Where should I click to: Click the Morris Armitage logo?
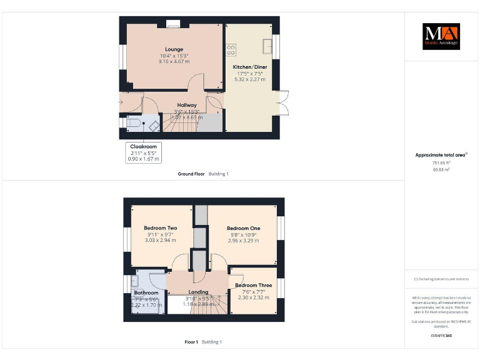click(x=441, y=36)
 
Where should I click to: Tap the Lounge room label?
click(x=174, y=49)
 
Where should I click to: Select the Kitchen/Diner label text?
click(x=250, y=67)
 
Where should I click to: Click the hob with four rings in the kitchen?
click(x=231, y=48)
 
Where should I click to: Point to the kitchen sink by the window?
click(x=268, y=46)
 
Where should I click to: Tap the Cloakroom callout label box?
click(x=143, y=152)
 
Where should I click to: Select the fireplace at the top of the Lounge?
click(x=173, y=25)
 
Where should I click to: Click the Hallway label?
click(x=187, y=105)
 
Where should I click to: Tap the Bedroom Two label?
click(x=161, y=228)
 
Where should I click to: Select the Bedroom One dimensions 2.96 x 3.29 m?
click(x=243, y=241)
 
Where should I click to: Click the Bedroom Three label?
click(x=253, y=286)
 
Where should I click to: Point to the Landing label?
click(x=198, y=292)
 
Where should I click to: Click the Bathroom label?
click(x=146, y=292)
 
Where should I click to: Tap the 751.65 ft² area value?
click(x=441, y=162)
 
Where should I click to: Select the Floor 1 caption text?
click(x=191, y=342)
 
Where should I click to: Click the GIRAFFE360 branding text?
click(x=441, y=336)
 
